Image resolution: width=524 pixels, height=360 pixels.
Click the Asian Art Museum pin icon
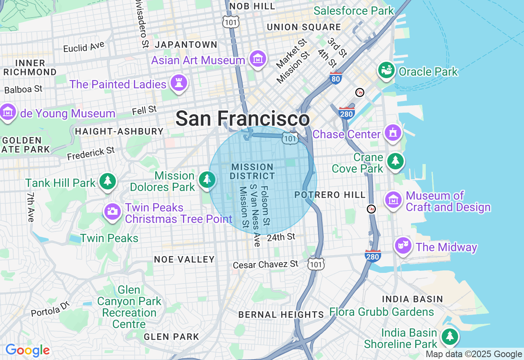coord(258,60)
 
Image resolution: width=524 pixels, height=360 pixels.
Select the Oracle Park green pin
coord(386,71)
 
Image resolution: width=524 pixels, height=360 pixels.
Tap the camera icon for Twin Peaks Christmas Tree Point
coord(112,211)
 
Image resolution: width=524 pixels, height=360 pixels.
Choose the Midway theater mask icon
coord(403,245)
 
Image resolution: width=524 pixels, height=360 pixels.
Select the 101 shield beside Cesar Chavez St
coord(316,264)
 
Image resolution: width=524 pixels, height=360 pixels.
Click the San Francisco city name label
coord(242,119)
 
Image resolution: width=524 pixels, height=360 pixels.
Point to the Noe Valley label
coord(184,259)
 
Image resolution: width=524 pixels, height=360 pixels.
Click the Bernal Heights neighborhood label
coord(281,315)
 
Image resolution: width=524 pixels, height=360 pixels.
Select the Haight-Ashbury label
coord(119,131)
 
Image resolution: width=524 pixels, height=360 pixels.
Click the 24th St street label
coord(281,237)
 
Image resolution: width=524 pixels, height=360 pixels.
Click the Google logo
coord(27,350)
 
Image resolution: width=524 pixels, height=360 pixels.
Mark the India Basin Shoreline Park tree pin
coord(450,337)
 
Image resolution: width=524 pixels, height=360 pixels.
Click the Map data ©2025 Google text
coord(474,354)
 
